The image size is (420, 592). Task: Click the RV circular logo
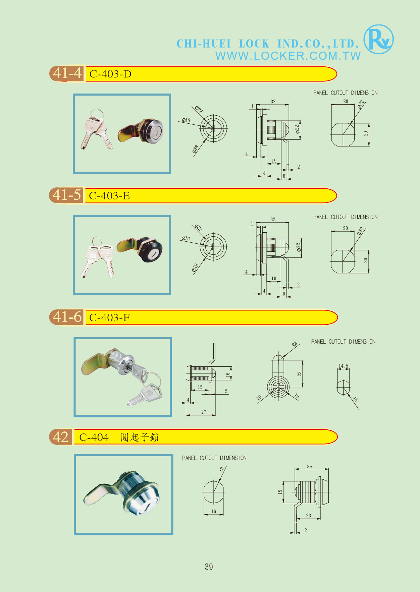[x=379, y=39]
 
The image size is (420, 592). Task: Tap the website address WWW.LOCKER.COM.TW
[x=288, y=56]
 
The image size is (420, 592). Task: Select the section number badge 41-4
[x=67, y=73]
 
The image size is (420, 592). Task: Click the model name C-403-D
[x=110, y=74]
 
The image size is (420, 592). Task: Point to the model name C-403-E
[x=109, y=195]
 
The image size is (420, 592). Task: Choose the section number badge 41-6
[x=67, y=317]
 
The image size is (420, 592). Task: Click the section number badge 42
[x=61, y=437]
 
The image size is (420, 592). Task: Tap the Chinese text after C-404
[x=140, y=437]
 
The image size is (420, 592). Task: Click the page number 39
[x=209, y=567]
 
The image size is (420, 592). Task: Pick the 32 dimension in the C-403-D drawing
[x=273, y=102]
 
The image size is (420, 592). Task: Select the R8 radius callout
[x=295, y=344]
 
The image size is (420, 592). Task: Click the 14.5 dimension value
[x=343, y=366]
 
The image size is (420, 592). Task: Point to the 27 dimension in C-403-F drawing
[x=204, y=412]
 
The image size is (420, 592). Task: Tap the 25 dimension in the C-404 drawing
[x=309, y=467]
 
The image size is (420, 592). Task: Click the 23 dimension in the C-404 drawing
[x=309, y=516]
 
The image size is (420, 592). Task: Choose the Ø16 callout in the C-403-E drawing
[x=186, y=238]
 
